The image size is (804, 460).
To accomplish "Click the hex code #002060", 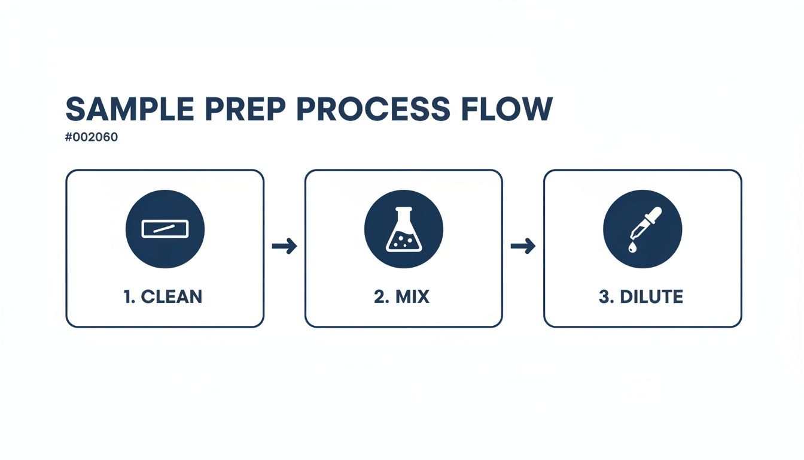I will point(92,137).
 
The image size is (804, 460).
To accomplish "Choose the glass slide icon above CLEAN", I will point(165,229).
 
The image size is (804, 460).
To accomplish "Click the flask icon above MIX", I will point(403,229).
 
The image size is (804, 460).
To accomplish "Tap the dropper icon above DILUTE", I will point(642,229).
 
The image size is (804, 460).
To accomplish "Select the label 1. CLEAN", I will point(164,296).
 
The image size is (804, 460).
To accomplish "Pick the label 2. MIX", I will point(402,296).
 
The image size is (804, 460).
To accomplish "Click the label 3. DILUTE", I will point(641,296).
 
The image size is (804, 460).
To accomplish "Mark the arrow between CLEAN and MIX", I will point(284,246).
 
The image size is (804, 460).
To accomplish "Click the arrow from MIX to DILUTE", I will point(522,246).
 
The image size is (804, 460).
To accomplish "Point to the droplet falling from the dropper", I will point(632,247).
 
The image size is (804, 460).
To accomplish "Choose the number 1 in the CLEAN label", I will point(129,296).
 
